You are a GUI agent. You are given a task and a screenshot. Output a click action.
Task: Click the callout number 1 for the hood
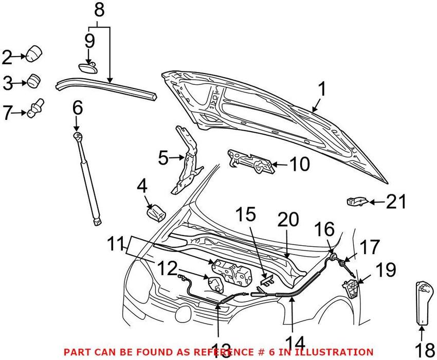[322, 89]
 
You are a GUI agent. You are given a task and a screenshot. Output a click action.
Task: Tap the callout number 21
[396, 202]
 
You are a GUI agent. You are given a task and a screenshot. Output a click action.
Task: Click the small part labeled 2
[34, 54]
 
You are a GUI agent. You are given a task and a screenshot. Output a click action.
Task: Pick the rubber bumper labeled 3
[34, 80]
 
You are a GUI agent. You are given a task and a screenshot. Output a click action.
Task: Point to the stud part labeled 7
[35, 108]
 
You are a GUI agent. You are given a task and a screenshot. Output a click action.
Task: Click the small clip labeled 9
[87, 68]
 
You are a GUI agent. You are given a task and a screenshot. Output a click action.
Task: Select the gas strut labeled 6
[87, 178]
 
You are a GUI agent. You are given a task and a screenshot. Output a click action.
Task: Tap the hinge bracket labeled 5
[186, 160]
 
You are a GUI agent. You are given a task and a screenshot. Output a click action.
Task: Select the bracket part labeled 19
[350, 288]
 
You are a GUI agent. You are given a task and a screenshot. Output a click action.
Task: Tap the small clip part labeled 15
[267, 280]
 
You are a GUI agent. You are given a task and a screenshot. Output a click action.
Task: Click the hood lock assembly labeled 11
[232, 272]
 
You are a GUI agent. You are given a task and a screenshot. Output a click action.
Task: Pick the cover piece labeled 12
[216, 283]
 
